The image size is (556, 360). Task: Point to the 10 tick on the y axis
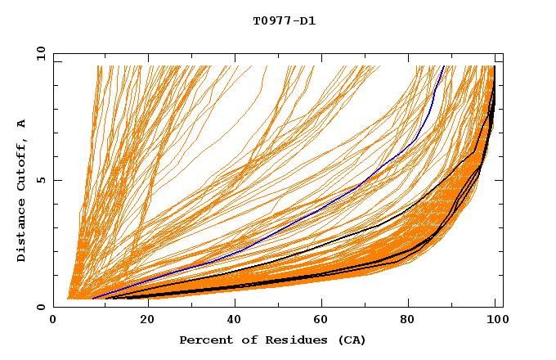[x=40, y=53]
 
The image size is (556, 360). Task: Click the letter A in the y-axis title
[x=21, y=124]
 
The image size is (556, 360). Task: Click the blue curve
[x=327, y=204]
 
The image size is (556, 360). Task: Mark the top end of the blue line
[x=444, y=65]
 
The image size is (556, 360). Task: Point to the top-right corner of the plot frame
[x=503, y=53]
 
